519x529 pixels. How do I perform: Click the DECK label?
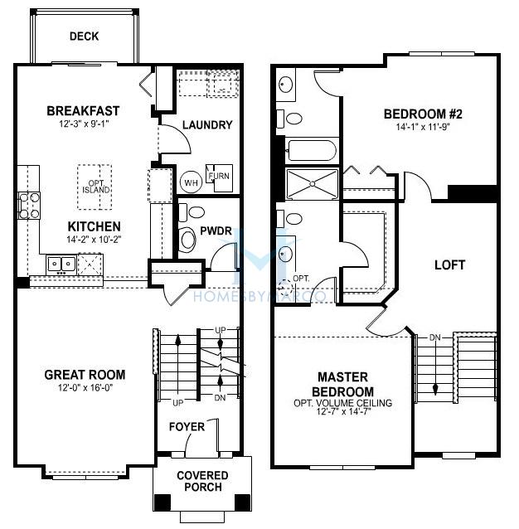[x=84, y=36]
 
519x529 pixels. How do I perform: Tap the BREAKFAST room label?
[x=83, y=110]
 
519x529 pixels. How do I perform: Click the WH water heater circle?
[x=190, y=181]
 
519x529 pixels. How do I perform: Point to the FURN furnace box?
[x=219, y=177]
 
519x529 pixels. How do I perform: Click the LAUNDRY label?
[x=206, y=125]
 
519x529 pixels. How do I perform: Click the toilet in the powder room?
[x=187, y=238]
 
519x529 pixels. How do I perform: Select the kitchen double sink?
[x=61, y=264]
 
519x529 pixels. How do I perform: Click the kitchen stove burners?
[x=27, y=204]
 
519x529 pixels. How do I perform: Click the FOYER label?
[x=187, y=428]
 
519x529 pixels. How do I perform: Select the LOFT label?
[x=450, y=265]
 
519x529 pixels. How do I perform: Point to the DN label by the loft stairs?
[x=435, y=337]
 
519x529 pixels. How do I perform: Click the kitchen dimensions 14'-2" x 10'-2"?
[x=94, y=239]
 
